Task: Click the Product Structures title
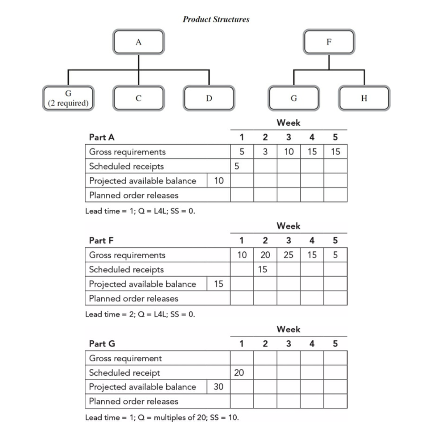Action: (x=216, y=19)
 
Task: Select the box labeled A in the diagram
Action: (x=138, y=42)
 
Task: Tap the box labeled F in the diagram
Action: (x=329, y=42)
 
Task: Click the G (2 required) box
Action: (x=68, y=98)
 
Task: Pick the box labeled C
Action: (x=138, y=98)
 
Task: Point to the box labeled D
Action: (x=209, y=98)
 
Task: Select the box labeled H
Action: (x=364, y=98)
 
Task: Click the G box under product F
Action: (x=294, y=98)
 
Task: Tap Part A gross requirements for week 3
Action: (x=289, y=152)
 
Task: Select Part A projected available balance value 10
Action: (x=219, y=181)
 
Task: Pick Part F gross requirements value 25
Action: (x=289, y=255)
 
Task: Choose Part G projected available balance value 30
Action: (x=219, y=387)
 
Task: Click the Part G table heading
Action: (x=102, y=344)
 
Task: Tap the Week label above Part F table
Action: (x=289, y=226)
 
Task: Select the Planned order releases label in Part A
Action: (x=133, y=195)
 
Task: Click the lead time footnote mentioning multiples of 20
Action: (x=162, y=417)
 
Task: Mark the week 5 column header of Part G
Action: (x=335, y=344)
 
